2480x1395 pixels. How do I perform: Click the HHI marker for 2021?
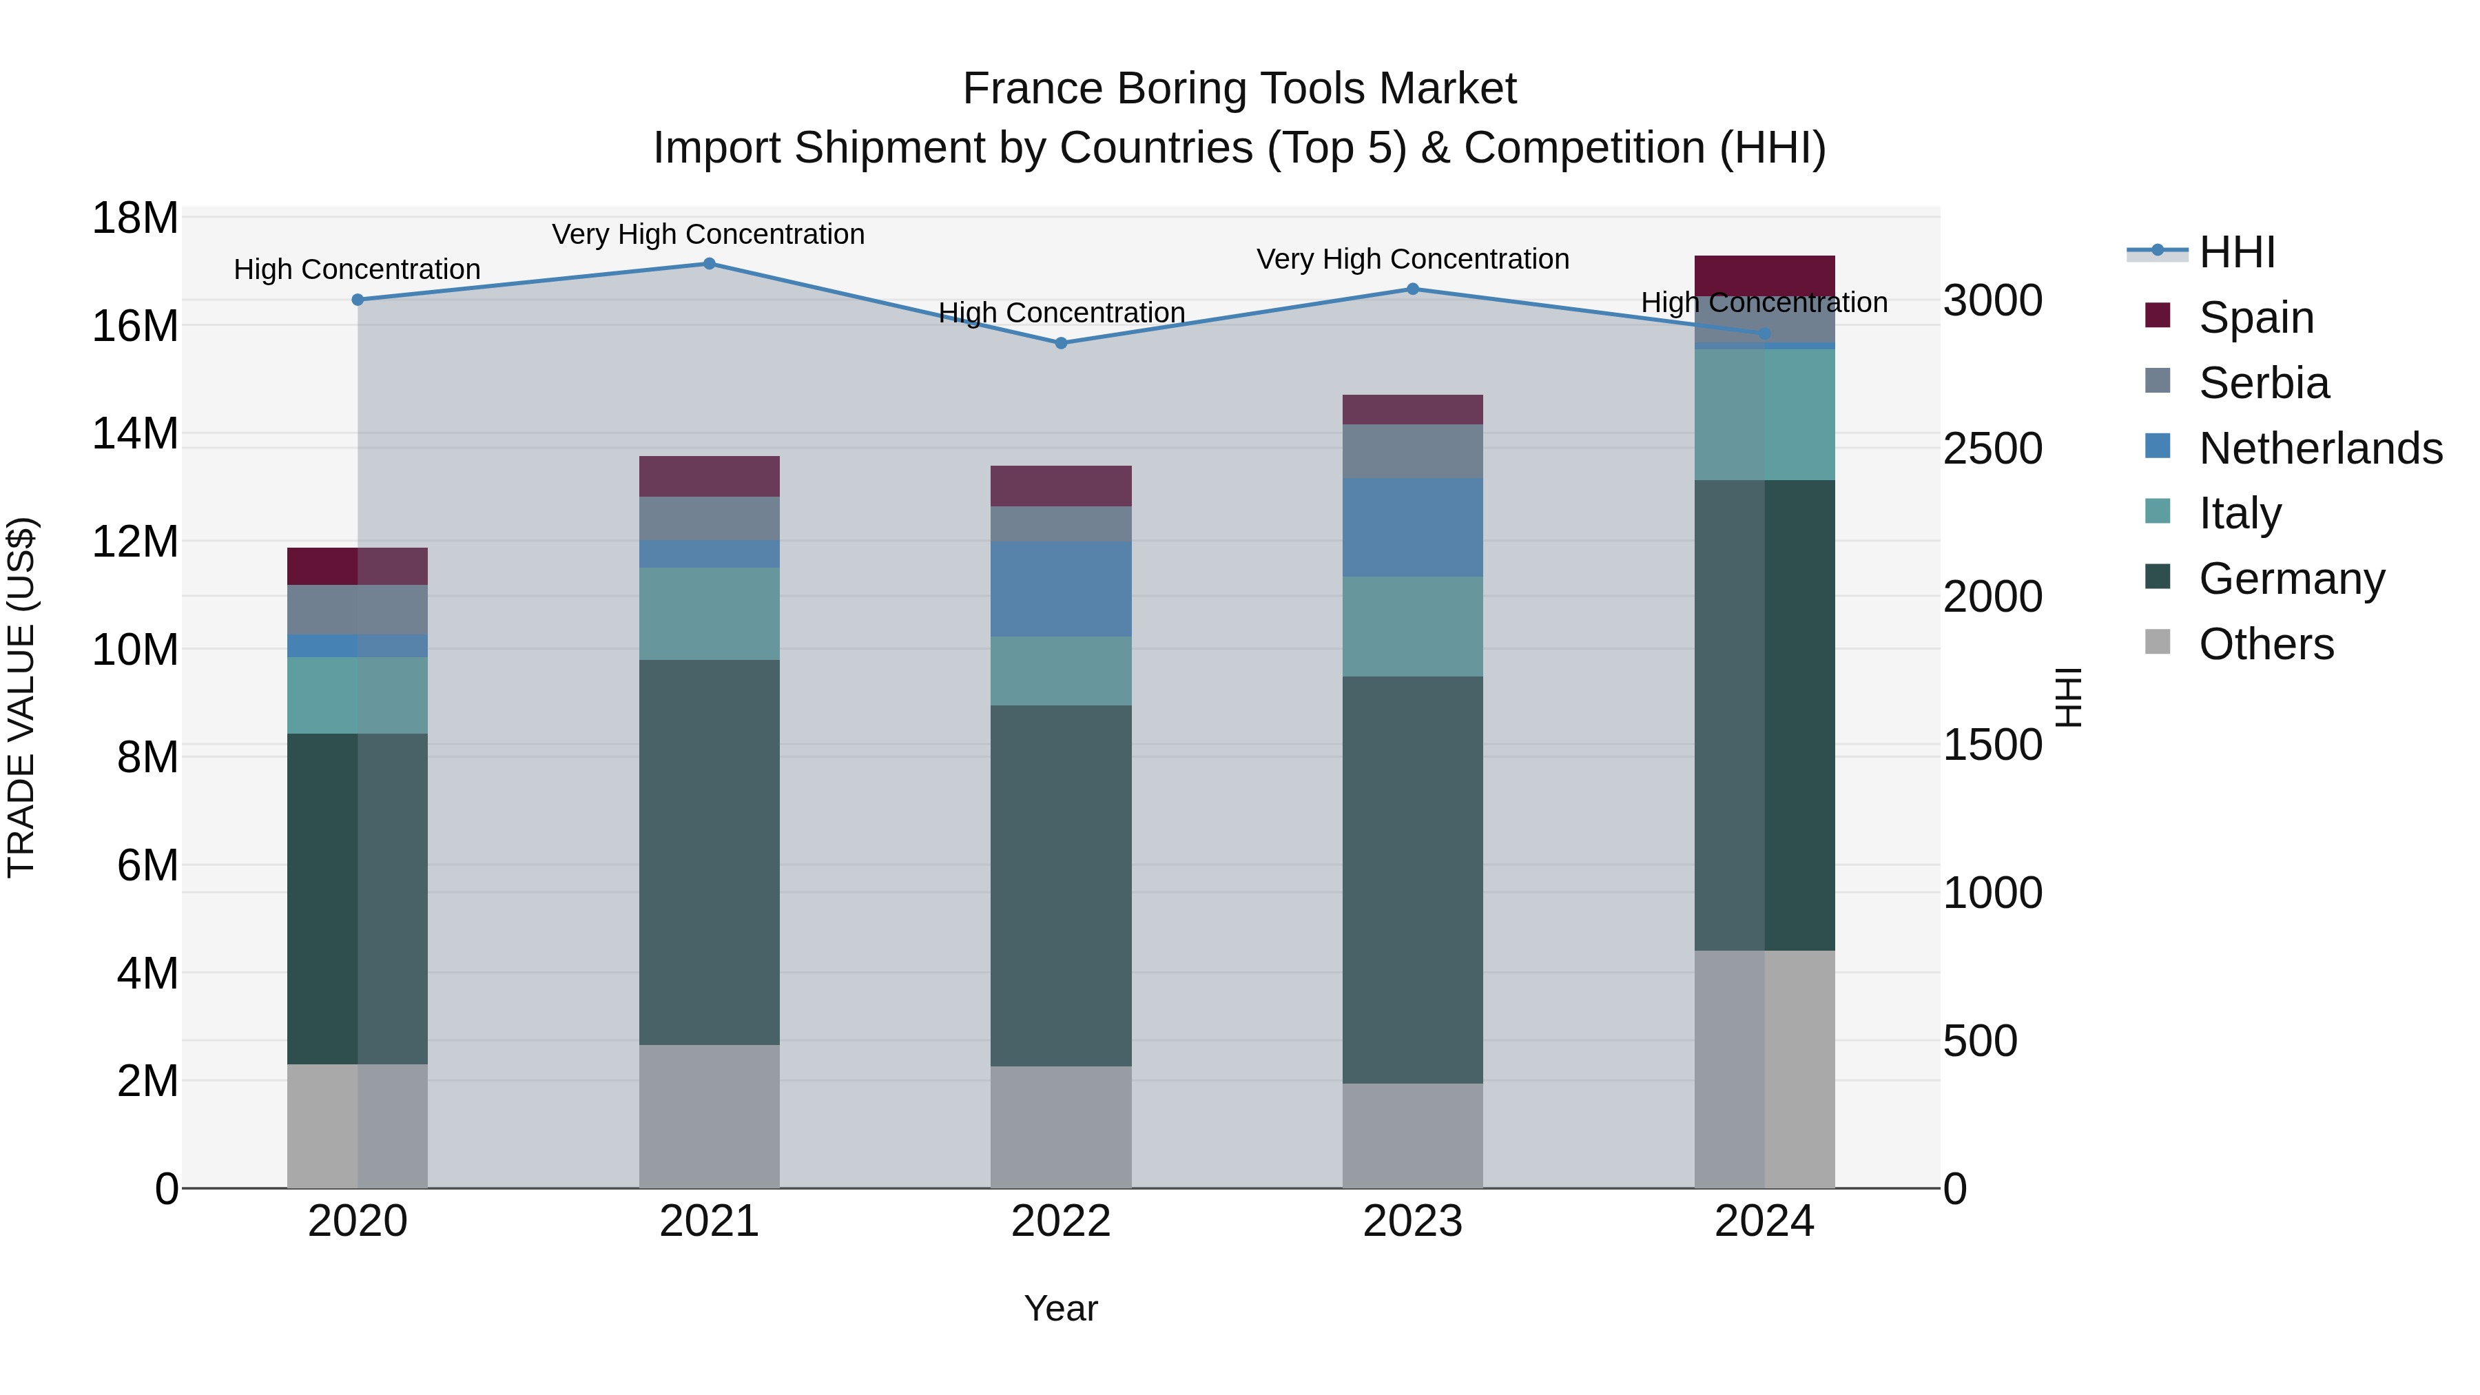point(709,263)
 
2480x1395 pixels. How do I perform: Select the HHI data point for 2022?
point(1061,343)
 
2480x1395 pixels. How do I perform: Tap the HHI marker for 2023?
point(1412,289)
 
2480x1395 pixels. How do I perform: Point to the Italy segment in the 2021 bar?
point(709,613)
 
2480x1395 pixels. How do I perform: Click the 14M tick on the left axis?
point(135,434)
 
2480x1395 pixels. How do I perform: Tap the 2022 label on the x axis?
point(1061,1221)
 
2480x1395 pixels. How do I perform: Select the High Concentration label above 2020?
point(356,269)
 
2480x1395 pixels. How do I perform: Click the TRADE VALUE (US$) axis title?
point(21,697)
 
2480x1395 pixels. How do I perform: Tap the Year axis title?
point(1061,1308)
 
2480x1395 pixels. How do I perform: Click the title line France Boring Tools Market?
point(1239,89)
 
